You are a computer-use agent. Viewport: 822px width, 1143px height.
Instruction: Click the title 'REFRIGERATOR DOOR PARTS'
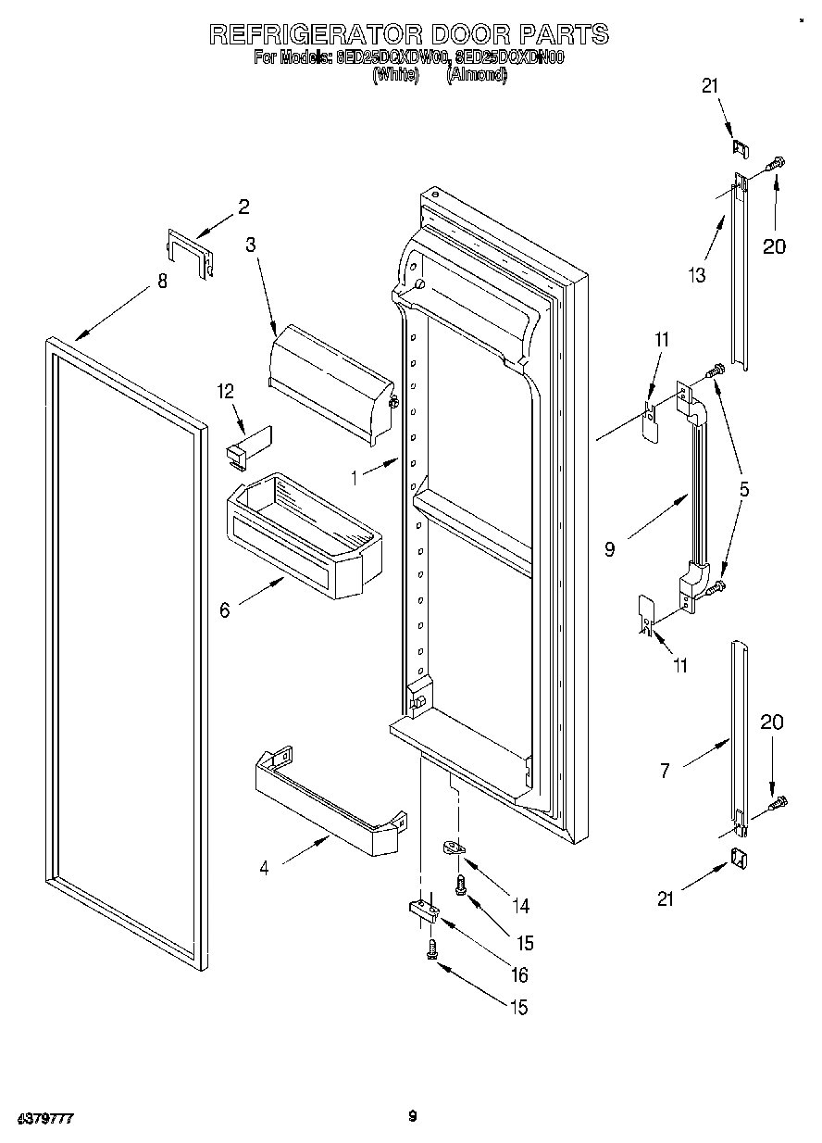408,34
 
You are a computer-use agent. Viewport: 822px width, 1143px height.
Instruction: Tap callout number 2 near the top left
243,207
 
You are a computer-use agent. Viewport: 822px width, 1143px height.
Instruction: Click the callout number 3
250,245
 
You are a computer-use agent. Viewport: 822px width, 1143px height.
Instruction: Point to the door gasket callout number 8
162,282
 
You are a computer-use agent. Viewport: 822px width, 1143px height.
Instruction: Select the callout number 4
264,868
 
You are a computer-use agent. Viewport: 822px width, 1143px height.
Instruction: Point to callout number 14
524,905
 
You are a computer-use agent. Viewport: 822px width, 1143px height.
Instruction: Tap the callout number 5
744,488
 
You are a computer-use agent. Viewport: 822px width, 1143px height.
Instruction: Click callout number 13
696,274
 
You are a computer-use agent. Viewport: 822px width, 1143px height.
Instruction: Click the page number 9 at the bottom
412,1116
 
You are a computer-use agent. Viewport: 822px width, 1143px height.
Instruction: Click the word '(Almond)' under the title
478,77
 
